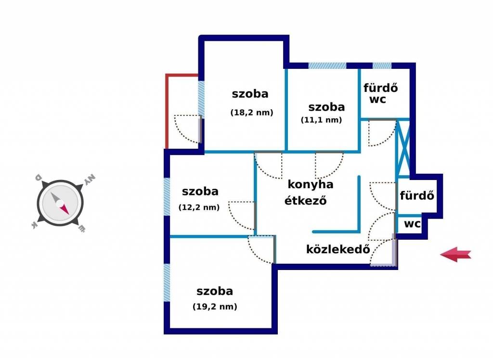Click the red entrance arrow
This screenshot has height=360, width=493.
455,255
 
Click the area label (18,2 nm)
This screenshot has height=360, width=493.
251,113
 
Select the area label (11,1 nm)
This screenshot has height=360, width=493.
321,120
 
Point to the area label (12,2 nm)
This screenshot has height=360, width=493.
199,208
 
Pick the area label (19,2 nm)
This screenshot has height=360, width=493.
215,306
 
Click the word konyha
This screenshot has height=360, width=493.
311,184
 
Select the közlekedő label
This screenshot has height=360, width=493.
338,249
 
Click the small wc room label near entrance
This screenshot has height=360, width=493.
412,224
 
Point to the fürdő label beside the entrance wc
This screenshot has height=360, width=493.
417,196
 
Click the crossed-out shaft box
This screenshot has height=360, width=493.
403,146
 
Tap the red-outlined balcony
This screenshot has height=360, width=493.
182,112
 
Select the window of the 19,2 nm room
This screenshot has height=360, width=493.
167,283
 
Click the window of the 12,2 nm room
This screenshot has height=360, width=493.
167,196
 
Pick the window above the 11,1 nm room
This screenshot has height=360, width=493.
327,65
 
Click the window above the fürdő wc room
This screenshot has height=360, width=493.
382,65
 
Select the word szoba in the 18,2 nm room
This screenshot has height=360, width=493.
250,94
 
